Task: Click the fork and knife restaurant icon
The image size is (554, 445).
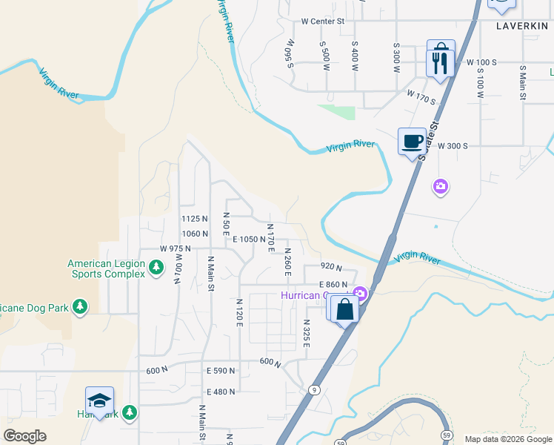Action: click(441, 59)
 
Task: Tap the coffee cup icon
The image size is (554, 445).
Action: click(412, 141)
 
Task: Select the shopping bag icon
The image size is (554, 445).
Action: click(345, 309)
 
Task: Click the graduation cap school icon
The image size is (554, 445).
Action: click(99, 401)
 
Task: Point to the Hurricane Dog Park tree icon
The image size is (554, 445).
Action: click(80, 306)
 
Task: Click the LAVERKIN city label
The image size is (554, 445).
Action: click(521, 25)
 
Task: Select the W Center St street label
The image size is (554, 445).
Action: click(324, 22)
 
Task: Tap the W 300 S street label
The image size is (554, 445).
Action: click(453, 146)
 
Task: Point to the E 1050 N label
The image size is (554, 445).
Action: click(248, 239)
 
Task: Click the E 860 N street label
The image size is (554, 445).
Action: click(333, 285)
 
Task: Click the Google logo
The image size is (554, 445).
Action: click(25, 436)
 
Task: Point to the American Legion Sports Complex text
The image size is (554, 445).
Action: click(107, 268)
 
